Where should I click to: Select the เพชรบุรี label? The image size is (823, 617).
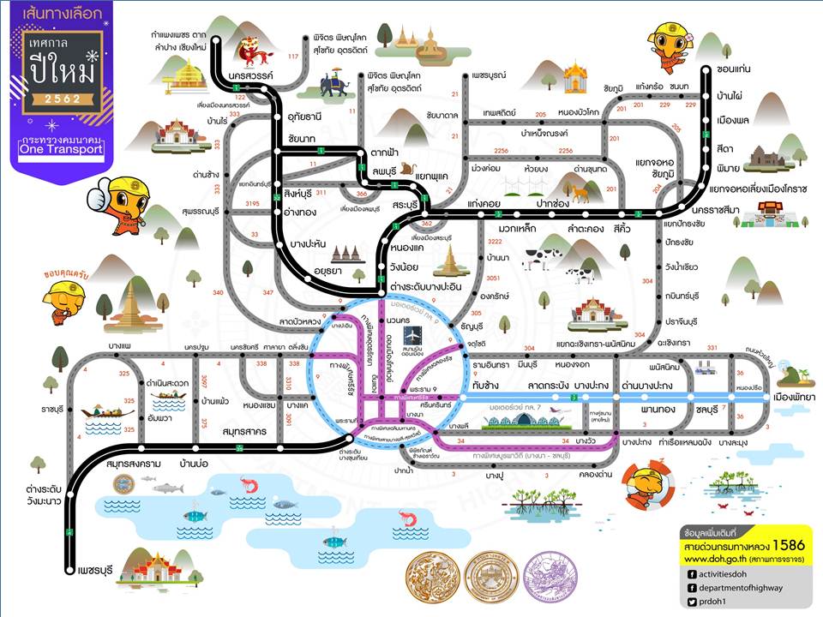[96, 567]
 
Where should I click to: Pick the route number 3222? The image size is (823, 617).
[470, 243]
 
